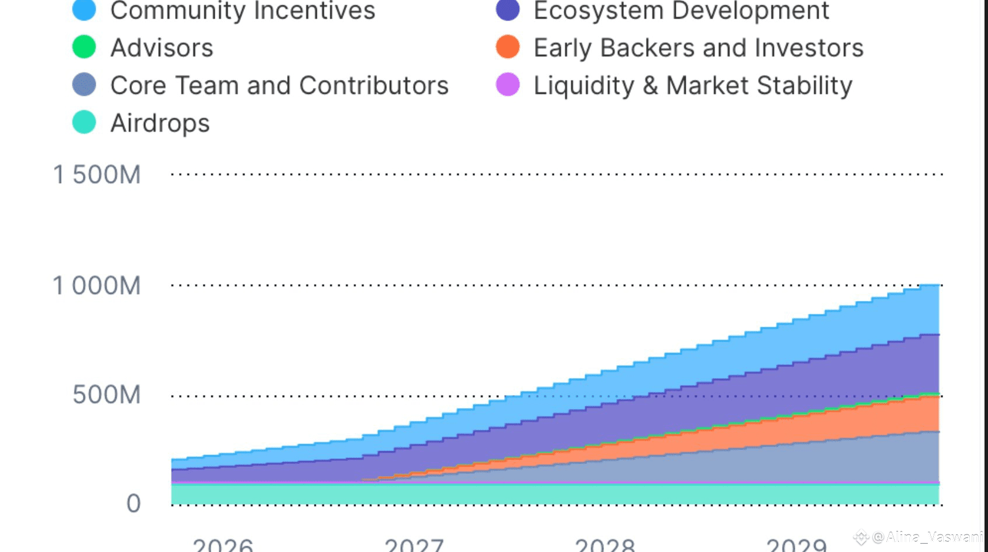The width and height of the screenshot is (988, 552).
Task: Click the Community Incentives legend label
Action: (242, 11)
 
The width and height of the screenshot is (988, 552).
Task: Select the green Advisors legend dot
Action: (84, 47)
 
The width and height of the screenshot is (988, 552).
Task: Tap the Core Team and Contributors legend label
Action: (279, 85)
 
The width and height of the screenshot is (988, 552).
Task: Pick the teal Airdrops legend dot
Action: (84, 123)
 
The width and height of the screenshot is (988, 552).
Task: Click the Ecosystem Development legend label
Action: (681, 11)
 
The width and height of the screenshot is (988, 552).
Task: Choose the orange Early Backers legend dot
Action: (508, 47)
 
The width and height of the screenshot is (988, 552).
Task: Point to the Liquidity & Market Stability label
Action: (693, 86)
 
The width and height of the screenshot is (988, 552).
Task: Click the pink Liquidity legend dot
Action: (508, 85)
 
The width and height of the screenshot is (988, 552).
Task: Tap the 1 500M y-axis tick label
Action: (97, 174)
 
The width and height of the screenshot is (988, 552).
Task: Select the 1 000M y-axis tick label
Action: (97, 286)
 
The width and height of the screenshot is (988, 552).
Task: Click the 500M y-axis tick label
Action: (106, 395)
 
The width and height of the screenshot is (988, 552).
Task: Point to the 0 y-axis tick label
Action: (134, 504)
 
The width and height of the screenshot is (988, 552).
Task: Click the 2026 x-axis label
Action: (223, 545)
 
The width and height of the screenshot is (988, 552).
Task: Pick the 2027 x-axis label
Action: (414, 545)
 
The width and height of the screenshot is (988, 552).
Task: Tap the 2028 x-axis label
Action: (605, 545)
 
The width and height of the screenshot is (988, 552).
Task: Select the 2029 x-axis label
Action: (797, 545)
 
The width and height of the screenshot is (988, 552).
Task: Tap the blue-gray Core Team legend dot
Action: (84, 85)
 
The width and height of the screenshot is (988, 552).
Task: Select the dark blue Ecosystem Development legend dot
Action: (508, 11)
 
